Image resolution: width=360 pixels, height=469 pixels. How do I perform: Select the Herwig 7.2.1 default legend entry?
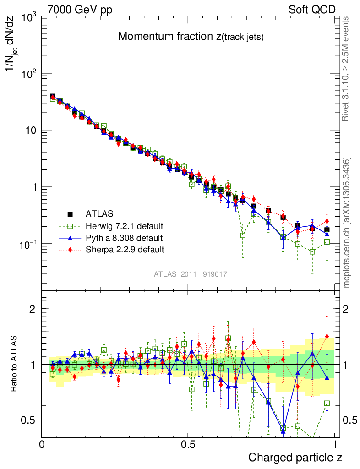pyautogui.click(x=125, y=226)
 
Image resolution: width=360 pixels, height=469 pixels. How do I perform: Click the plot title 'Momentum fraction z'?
pyautogui.click(x=191, y=37)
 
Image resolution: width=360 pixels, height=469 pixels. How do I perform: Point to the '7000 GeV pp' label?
pyautogui.click(x=80, y=10)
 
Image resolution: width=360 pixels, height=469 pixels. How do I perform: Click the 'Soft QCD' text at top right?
pyautogui.click(x=312, y=10)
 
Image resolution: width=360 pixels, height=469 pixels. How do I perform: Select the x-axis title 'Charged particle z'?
pyautogui.click(x=295, y=457)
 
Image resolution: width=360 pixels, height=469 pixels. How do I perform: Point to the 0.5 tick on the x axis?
pyautogui.click(x=188, y=445)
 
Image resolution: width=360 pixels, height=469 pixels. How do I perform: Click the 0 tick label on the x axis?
pyautogui.click(x=42, y=445)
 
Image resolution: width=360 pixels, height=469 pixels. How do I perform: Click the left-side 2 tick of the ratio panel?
pyautogui.click(x=33, y=309)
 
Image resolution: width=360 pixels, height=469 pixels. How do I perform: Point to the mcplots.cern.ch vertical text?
pyautogui.click(x=347, y=223)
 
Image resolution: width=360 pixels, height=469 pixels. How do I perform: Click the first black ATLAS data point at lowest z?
pyautogui.click(x=53, y=97)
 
